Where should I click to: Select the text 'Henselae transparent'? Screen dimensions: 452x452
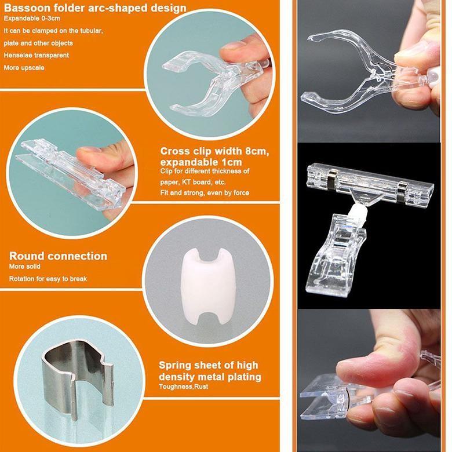tap(36, 55)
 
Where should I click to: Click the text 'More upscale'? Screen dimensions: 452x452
tap(24, 67)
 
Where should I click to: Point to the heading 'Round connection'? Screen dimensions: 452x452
tap(58, 256)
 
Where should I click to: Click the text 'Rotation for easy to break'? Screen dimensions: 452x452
tap(48, 279)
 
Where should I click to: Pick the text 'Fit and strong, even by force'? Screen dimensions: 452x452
tap(205, 192)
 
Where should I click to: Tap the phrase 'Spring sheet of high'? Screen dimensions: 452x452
tap(209, 366)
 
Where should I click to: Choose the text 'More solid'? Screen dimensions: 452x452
tap(25, 267)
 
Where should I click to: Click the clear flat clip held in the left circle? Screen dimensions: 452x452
tap(64, 170)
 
